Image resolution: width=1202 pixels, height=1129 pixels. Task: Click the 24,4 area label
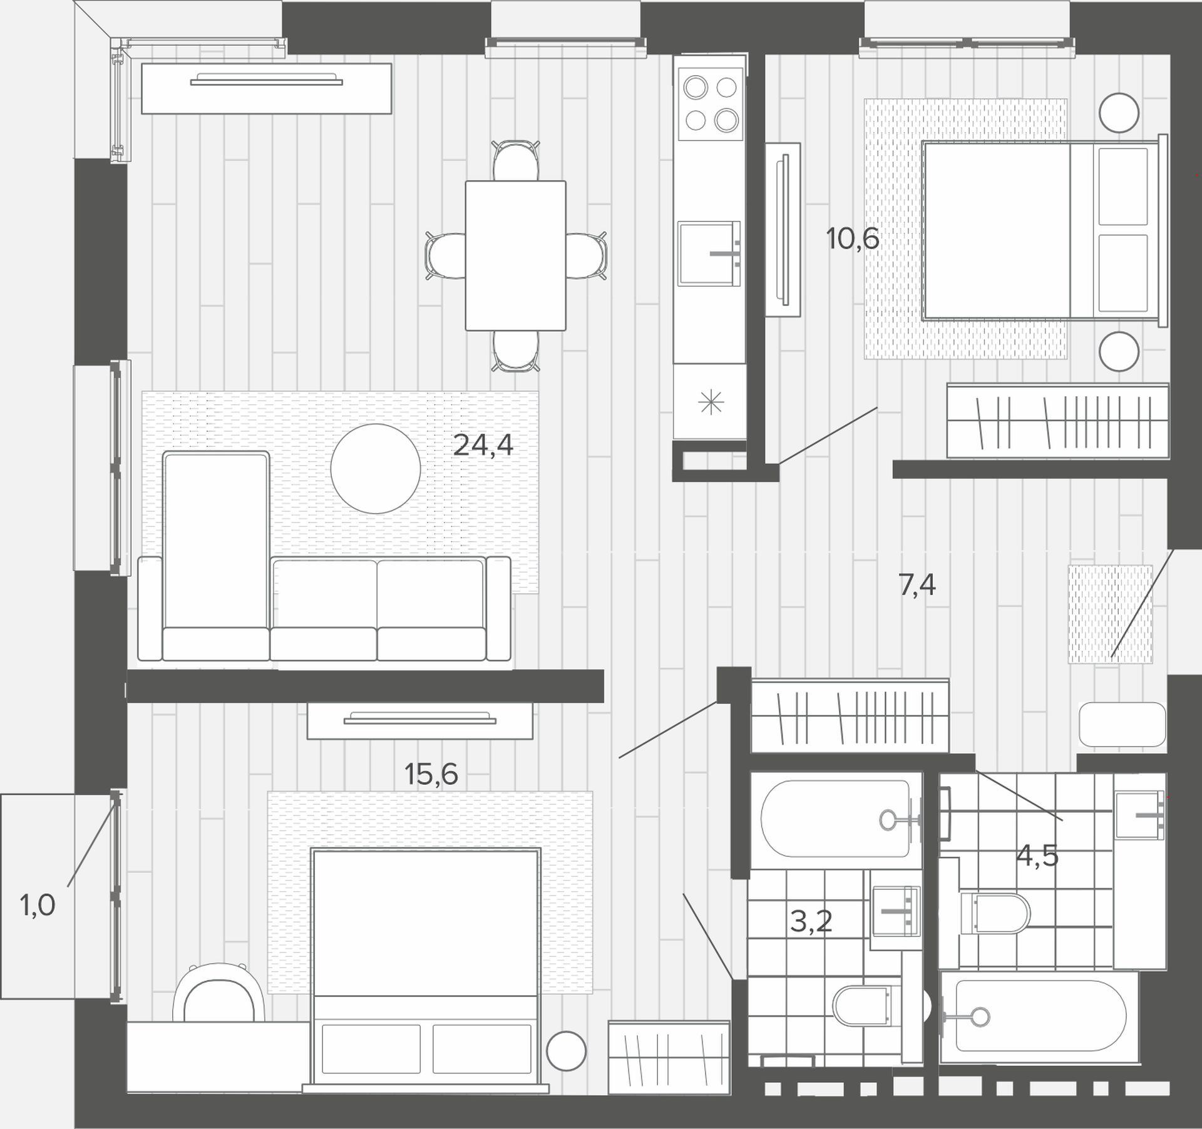[x=483, y=446]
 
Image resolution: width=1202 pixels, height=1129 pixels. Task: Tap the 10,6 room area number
[x=853, y=238]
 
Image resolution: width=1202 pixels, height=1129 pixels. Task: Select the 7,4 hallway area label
[x=917, y=585]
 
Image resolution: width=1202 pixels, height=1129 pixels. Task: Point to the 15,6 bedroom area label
[x=431, y=774]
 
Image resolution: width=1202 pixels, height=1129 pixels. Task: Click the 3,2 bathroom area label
[x=811, y=921]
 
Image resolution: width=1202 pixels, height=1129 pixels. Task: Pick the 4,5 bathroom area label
[x=1037, y=855]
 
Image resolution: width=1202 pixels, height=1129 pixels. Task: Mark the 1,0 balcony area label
[x=38, y=906]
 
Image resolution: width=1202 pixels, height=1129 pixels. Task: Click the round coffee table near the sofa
[x=376, y=469]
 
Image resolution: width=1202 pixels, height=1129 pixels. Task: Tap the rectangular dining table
[x=515, y=255]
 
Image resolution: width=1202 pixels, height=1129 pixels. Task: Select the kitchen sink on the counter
[x=709, y=253]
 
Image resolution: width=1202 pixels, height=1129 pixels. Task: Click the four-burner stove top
[x=711, y=103]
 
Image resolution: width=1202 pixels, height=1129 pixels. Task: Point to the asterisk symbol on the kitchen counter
[x=711, y=402]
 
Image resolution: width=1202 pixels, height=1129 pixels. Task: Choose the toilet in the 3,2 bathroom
[x=863, y=1006]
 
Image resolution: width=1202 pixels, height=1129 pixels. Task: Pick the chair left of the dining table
[x=445, y=255]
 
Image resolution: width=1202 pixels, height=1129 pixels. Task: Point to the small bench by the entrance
[x=1123, y=724]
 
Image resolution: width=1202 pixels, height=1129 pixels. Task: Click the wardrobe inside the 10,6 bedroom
[x=1058, y=421]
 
